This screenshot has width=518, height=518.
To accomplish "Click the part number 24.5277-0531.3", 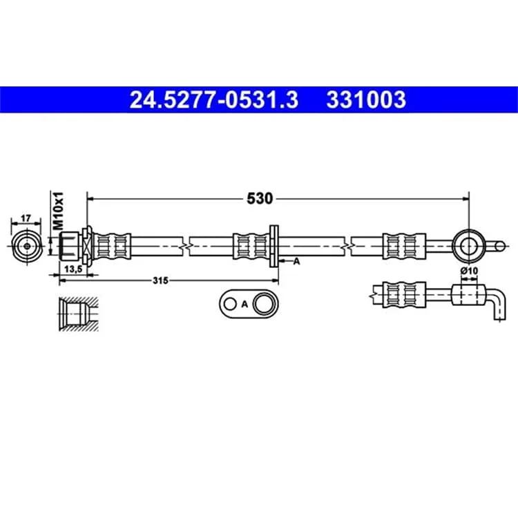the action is point(214,99).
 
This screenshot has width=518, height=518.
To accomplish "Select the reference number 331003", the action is point(366,99).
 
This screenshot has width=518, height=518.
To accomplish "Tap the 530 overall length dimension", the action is point(260,198).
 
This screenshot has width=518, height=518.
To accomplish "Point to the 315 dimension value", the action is point(160,281).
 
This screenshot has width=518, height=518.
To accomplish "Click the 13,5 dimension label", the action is point(73,269).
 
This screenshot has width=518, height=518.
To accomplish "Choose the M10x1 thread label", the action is point(58,211).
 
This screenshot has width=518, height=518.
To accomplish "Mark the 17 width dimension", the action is point(26,218).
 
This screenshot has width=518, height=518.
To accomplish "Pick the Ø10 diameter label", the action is point(469,271).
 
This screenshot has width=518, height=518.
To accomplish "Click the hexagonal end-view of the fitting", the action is point(27,246).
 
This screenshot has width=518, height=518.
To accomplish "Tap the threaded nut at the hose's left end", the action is point(69,246).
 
